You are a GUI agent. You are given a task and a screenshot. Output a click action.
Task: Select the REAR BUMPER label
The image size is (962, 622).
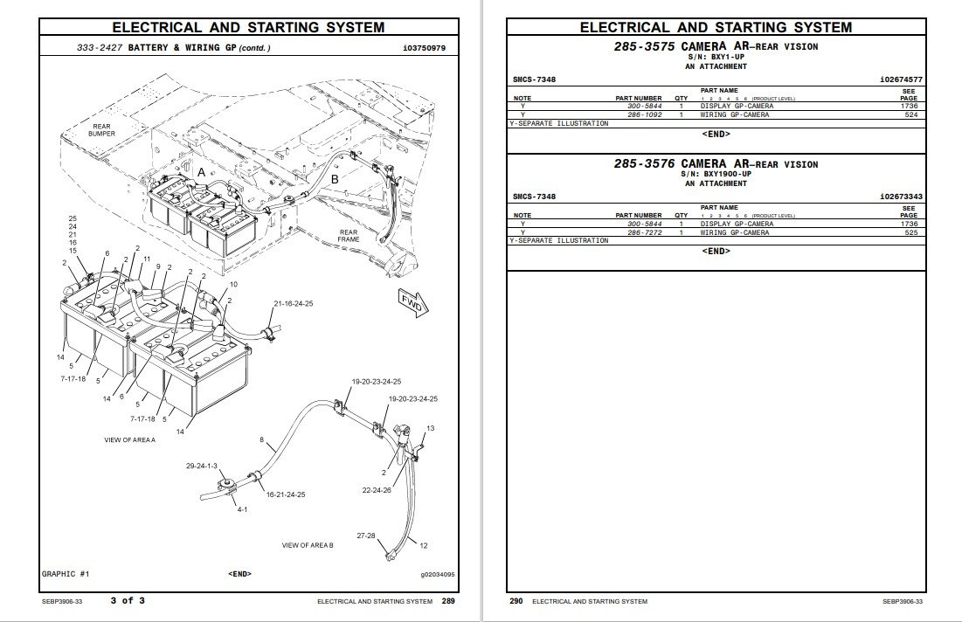[x=101, y=130]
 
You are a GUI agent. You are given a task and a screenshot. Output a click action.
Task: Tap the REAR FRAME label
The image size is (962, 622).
[x=349, y=236]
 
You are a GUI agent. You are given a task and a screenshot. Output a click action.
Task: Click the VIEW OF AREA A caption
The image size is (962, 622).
[x=129, y=439]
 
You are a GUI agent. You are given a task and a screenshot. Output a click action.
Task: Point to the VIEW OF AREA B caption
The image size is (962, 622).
[x=307, y=545]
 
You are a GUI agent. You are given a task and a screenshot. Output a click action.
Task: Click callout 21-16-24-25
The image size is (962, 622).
[x=294, y=303]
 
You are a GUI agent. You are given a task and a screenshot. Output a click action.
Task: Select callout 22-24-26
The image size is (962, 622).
[x=376, y=490]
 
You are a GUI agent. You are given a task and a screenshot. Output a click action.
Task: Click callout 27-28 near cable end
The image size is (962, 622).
[x=365, y=535]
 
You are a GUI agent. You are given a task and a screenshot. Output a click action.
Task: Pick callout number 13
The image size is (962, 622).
[x=430, y=429]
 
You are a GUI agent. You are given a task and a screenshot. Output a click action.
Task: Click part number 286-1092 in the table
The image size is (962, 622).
[x=644, y=114]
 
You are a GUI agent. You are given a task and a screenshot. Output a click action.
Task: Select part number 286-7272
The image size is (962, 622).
[x=644, y=232]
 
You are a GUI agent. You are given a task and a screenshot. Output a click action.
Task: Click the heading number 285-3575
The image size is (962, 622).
[x=644, y=46]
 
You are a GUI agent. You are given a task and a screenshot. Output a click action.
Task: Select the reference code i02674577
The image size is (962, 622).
[x=901, y=79]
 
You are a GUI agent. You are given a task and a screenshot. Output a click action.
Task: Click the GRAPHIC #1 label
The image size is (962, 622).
[x=66, y=574]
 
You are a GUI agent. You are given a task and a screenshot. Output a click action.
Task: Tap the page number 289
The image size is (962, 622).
[x=447, y=601]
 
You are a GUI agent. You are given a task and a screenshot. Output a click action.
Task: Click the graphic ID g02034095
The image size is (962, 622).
[x=437, y=574]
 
